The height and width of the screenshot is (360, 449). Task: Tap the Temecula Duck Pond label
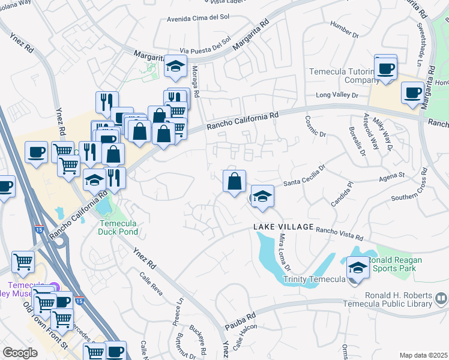(118, 227)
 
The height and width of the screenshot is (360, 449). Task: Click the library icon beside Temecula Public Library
(441, 298)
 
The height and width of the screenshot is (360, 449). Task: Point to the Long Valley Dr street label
(337, 95)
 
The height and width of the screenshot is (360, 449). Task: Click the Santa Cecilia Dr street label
(304, 178)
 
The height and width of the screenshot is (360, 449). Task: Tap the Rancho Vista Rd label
(340, 233)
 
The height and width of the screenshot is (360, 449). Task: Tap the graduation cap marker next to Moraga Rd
(176, 67)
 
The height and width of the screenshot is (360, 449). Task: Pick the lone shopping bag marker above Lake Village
(234, 180)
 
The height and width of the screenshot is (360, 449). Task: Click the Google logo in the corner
(20, 352)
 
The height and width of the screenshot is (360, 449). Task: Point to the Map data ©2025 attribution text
(423, 355)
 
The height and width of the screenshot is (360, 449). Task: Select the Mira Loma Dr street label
(285, 252)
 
